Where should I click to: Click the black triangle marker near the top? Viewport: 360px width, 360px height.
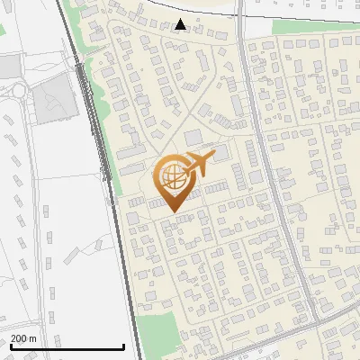(x=181, y=24)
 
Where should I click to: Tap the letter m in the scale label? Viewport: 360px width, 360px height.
(x=34, y=338)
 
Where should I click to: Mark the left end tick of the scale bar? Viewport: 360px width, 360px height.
(x=10, y=346)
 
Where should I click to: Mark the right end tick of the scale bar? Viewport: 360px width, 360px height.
(x=123, y=346)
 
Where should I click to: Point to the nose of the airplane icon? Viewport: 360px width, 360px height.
(x=214, y=157)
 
